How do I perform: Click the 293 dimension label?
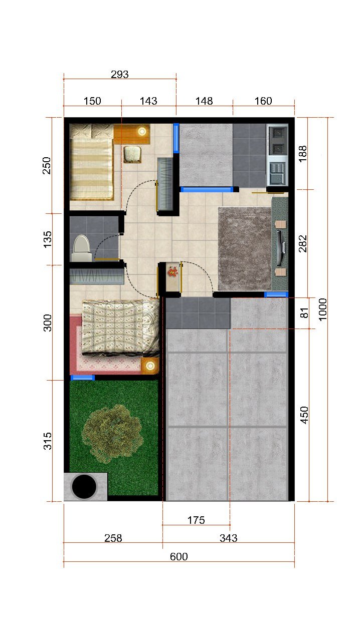click(x=119, y=75)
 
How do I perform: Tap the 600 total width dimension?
click(x=179, y=556)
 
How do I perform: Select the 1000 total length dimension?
click(x=322, y=309)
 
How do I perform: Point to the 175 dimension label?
click(x=196, y=520)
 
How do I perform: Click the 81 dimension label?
click(x=304, y=313)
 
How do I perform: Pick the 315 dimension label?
click(x=48, y=441)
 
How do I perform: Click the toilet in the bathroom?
click(x=81, y=248)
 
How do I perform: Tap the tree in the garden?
click(x=112, y=434)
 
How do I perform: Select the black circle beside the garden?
click(x=84, y=486)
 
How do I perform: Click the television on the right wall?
click(x=281, y=248)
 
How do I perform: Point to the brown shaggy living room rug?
click(x=245, y=248)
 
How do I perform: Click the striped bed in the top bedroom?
click(x=92, y=162)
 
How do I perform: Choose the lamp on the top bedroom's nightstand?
click(x=142, y=132)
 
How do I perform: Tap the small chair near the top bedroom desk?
click(x=132, y=154)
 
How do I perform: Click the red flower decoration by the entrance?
click(x=173, y=271)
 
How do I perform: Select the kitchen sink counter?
click(x=277, y=155)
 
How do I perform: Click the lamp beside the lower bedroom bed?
click(x=150, y=366)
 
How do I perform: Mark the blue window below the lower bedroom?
click(x=83, y=378)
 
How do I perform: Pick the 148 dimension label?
click(x=204, y=101)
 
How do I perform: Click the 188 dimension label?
click(x=303, y=154)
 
